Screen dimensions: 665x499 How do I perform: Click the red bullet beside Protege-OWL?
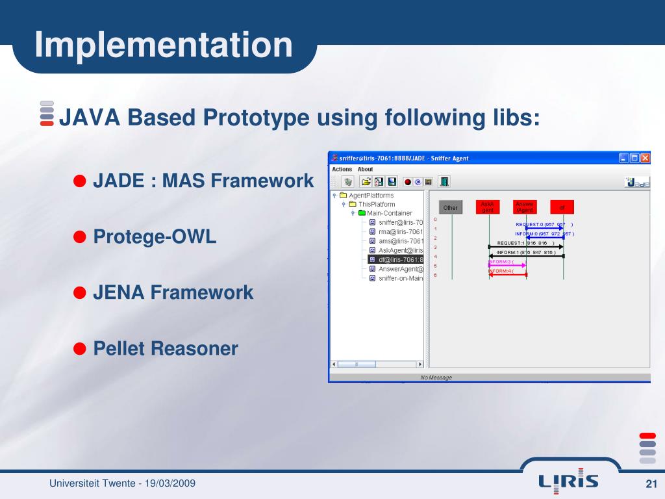(80, 237)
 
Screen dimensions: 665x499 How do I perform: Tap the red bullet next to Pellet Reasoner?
(80, 348)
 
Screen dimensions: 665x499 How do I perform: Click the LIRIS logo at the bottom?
(568, 480)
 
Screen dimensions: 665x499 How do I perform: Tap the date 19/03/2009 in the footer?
(170, 483)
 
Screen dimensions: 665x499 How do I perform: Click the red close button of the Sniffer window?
(645, 158)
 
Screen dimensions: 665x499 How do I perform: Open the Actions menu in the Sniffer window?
(342, 169)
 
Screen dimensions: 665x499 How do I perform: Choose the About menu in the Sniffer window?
(365, 169)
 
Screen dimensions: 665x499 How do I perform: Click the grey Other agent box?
(451, 208)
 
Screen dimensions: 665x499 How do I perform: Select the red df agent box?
(562, 208)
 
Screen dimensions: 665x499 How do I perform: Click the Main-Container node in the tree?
(389, 212)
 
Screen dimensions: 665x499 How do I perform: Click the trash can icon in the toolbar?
(348, 182)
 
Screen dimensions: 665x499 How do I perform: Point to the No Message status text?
(436, 377)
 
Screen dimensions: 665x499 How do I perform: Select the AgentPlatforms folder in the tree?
(371, 195)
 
